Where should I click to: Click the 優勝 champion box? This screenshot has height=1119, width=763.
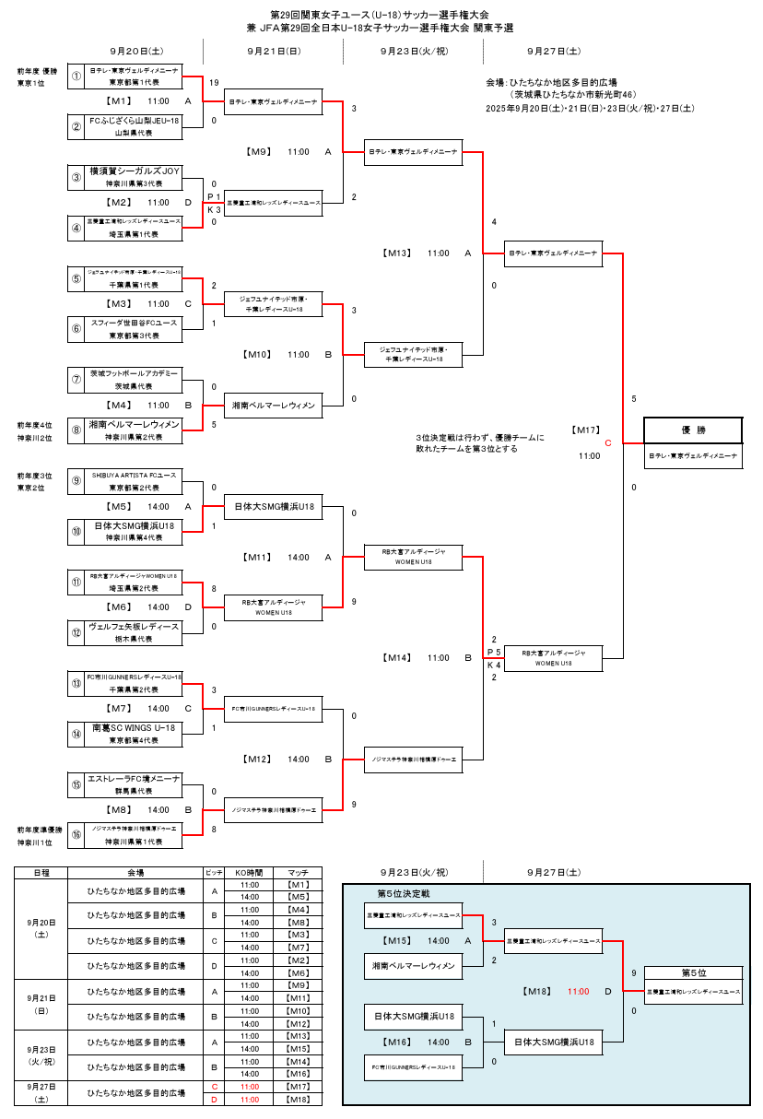(692, 430)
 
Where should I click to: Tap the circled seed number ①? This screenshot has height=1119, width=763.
(77, 76)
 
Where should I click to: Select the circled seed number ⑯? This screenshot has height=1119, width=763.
(77, 835)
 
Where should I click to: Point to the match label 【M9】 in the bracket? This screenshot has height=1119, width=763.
(259, 151)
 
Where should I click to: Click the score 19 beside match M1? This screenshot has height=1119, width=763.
(214, 83)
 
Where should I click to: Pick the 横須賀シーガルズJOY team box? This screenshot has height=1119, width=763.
(135, 171)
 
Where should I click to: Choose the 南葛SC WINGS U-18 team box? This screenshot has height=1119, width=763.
(135, 728)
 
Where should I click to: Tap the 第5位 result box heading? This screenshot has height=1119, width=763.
(692, 972)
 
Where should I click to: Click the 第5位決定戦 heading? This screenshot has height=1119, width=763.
(403, 894)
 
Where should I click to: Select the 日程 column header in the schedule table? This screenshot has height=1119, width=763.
(41, 872)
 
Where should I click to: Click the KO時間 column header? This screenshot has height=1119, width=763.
(249, 872)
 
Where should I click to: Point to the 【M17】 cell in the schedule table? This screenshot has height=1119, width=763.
(298, 1087)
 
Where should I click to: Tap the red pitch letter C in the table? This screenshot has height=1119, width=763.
(214, 1087)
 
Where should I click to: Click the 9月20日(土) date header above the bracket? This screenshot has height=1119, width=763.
(135, 52)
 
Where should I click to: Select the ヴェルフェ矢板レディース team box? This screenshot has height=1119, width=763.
(135, 627)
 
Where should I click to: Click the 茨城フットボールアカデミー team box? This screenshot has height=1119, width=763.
(135, 374)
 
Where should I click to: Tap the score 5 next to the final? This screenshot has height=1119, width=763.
(634, 399)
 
